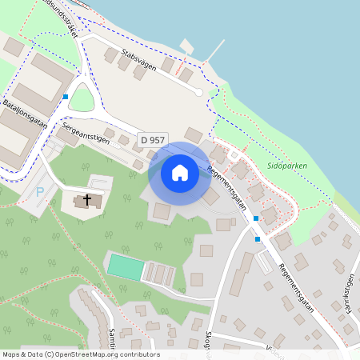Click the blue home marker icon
coord(180,173)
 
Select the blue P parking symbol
coord(40,192)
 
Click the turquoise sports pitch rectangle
coord(125,266)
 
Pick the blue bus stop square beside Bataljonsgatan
coord(65,97)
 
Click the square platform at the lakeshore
coord(187,46)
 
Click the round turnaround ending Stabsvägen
coord(198,92)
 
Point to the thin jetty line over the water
coord(214,50)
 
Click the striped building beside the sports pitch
coord(159,274)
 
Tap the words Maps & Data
coord(22,354)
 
